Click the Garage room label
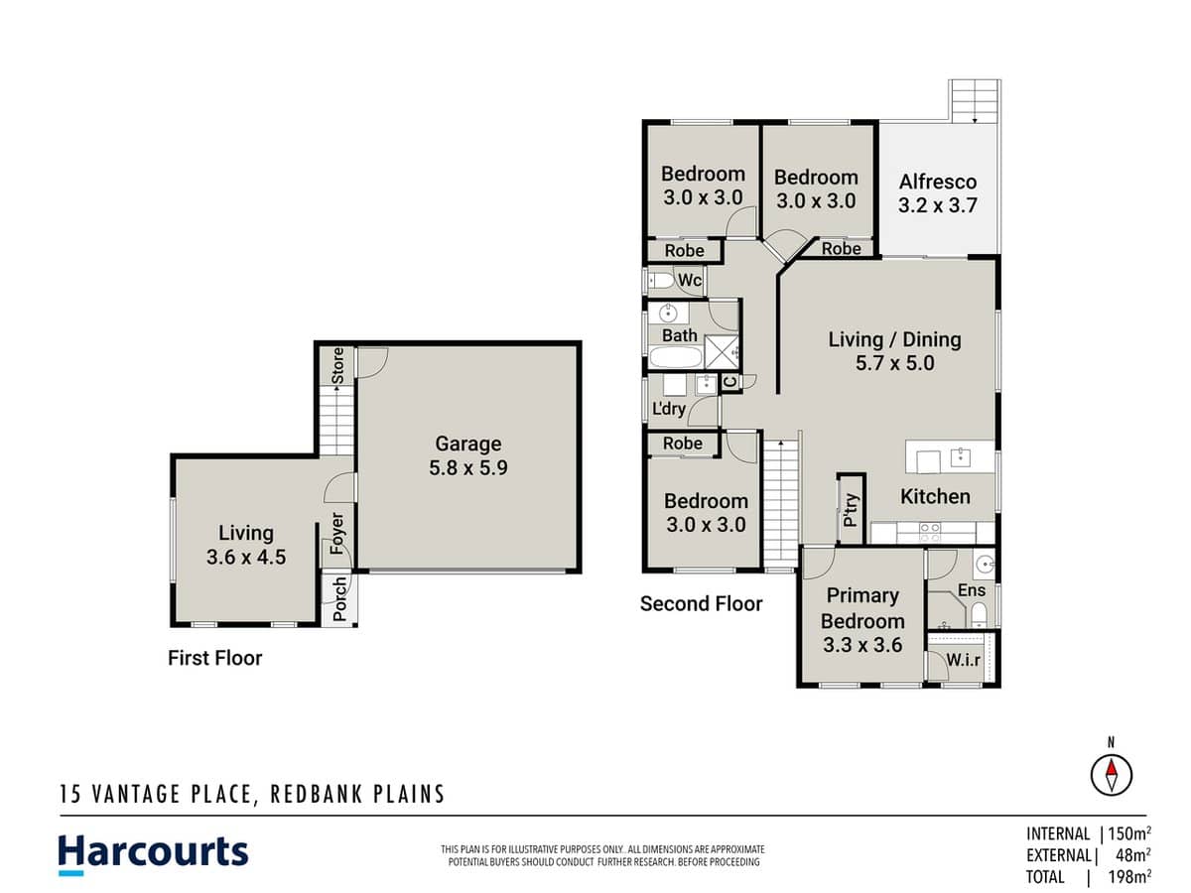(467, 455)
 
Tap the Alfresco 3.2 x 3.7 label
(938, 193)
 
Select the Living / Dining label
(894, 350)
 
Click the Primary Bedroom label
(861, 619)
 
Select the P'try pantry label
(851, 508)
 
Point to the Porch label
(339, 598)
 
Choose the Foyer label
(337, 534)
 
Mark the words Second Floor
(701, 603)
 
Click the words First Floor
(215, 657)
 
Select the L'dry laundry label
(669, 409)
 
